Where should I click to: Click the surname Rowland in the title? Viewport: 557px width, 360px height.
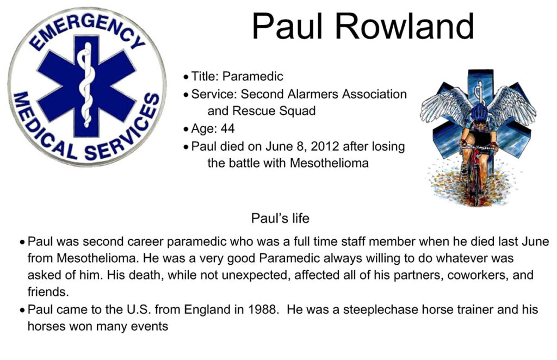(x=405, y=27)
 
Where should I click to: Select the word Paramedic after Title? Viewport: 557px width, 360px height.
(x=252, y=77)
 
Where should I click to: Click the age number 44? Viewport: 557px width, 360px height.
(x=227, y=128)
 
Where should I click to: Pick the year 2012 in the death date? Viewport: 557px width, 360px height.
(x=323, y=146)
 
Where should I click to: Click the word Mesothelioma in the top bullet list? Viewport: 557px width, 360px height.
(x=329, y=163)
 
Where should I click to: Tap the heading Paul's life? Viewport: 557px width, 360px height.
(x=280, y=218)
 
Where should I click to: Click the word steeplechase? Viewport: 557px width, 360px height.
(x=380, y=310)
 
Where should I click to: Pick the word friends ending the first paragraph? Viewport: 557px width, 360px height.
(x=48, y=292)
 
